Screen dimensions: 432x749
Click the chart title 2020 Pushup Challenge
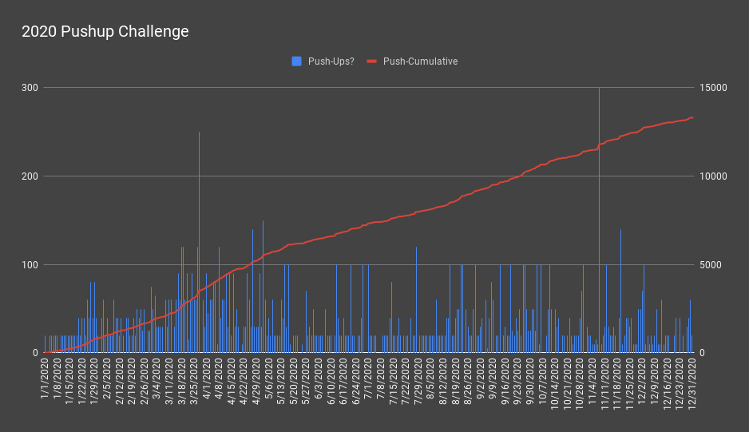[105, 32]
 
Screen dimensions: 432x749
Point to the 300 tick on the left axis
[30, 87]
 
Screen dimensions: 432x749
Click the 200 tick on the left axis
[30, 176]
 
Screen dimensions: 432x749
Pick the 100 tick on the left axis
[30, 264]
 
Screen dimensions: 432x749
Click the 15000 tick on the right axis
[713, 87]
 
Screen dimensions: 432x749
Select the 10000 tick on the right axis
[713, 176]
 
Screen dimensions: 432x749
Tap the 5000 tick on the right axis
[710, 264]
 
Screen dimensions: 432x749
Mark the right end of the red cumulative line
[692, 117]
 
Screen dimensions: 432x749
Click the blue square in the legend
[296, 61]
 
